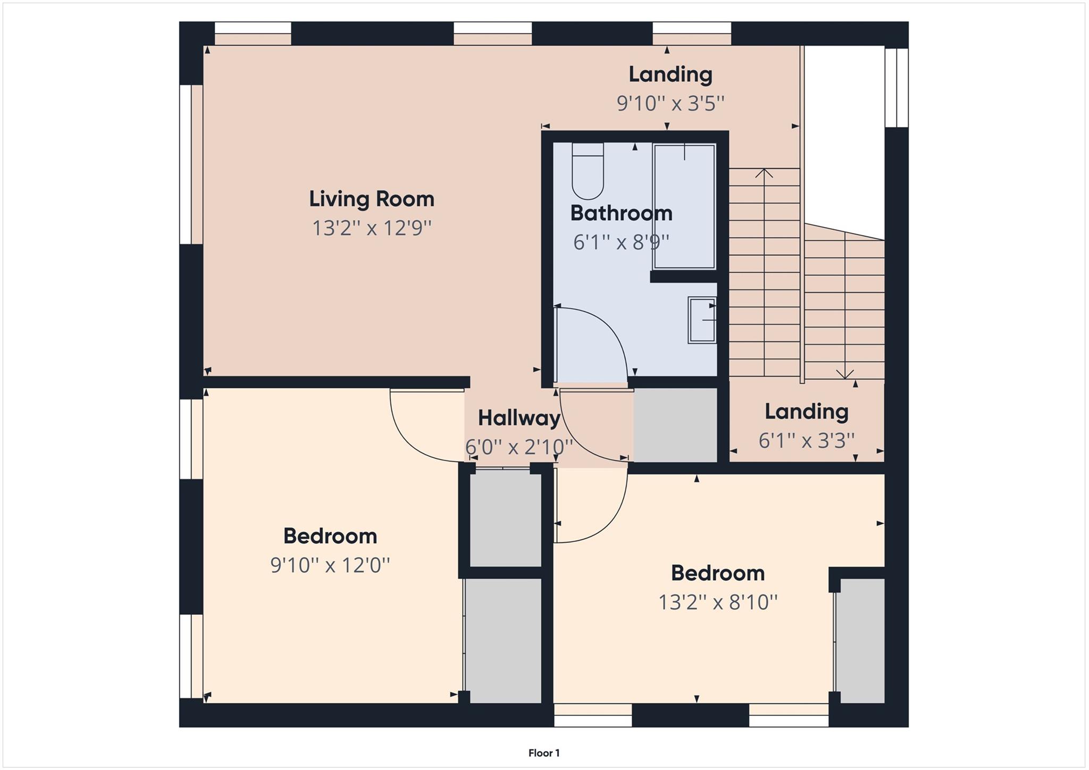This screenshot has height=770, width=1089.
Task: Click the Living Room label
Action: click(x=372, y=199)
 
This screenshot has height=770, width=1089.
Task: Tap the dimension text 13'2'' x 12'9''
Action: click(x=372, y=229)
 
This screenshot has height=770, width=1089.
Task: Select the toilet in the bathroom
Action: click(x=588, y=170)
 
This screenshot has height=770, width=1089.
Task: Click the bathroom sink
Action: click(x=702, y=320)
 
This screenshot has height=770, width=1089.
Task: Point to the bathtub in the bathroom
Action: click(x=684, y=206)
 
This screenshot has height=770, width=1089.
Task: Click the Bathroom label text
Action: click(x=621, y=214)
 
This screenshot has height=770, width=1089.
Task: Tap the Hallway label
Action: click(x=519, y=419)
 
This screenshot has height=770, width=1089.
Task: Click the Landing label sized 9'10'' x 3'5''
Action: click(x=670, y=74)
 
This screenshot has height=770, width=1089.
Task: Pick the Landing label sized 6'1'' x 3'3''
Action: click(x=806, y=412)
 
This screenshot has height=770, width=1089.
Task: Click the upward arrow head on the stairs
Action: click(x=764, y=172)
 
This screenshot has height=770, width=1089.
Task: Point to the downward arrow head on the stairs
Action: click(x=845, y=374)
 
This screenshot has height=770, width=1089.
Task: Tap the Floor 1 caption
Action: click(x=543, y=753)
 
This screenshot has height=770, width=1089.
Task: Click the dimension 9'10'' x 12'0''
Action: click(x=330, y=565)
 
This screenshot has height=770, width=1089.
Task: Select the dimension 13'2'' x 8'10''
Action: click(x=718, y=602)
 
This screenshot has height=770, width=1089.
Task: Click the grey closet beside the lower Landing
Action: click(x=675, y=424)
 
